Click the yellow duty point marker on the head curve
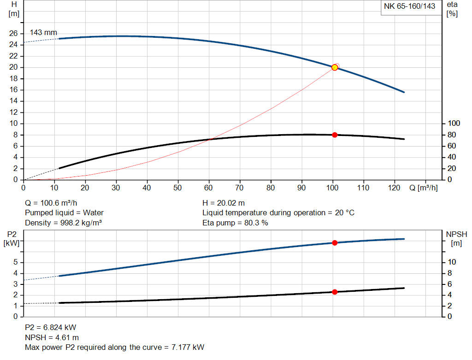coord(335,67)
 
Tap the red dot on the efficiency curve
coord(335,135)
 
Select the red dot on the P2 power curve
coord(335,243)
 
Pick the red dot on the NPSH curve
coord(335,292)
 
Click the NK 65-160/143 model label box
coord(409,7)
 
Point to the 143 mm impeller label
coord(43,33)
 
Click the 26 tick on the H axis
coord(13,34)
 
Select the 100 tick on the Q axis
coord(333,188)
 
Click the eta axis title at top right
coord(452,9)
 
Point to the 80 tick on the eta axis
coord(452,135)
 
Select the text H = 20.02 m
coord(224,203)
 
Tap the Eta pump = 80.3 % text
coord(235,223)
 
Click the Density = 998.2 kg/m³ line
coord(63,223)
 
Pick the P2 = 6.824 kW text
coord(50,327)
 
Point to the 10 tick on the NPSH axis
coord(452,262)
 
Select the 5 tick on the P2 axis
coord(16,262)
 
